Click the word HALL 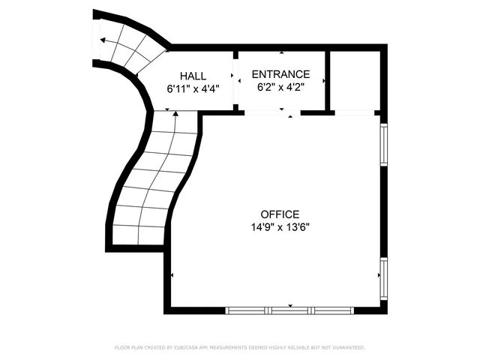tap(193, 76)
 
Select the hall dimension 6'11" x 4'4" tap(193, 88)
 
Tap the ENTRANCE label tap(280, 74)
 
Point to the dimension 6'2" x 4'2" tap(280, 86)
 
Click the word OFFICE tap(280, 214)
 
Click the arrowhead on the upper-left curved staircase tap(102, 40)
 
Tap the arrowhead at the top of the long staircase tap(175, 114)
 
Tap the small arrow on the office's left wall tap(172, 276)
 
